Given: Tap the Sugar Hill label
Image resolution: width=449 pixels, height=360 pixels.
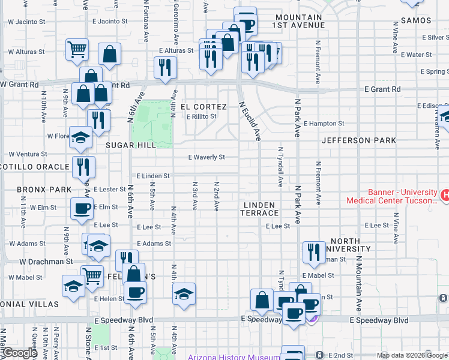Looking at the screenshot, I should (x=131, y=145).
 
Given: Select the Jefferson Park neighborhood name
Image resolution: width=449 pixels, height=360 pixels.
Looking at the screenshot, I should (x=359, y=140).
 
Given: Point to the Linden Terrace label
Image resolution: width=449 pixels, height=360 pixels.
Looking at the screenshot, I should (x=261, y=209).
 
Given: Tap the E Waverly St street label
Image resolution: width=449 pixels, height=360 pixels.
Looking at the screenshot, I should (x=206, y=157).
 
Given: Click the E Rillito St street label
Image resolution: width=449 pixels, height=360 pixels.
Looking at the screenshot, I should (x=201, y=116).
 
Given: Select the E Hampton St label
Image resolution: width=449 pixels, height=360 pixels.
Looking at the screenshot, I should (x=324, y=124).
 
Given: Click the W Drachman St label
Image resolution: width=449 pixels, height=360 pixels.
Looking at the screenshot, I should (x=46, y=262).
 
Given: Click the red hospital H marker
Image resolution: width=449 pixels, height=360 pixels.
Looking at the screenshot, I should (x=445, y=195).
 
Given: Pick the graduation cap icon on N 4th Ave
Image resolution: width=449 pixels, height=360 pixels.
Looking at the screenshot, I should (x=184, y=294).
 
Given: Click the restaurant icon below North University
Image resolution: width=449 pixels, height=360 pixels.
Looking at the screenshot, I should (x=313, y=253).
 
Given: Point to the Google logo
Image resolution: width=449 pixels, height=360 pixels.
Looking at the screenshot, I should (x=19, y=353).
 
